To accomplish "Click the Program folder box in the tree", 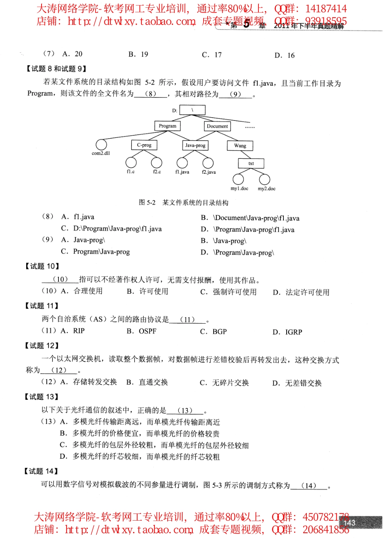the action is [x=167, y=126].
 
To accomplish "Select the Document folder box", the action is [x=217, y=126].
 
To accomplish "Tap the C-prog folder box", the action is [x=144, y=145].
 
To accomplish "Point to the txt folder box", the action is [x=251, y=164].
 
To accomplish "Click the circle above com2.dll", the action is [x=101, y=145].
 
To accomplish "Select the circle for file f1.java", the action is [x=182, y=163].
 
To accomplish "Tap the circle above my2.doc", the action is [x=264, y=179].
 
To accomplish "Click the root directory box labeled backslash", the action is [x=192, y=110].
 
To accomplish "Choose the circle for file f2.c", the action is [x=156, y=162].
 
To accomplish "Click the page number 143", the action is [x=349, y=523].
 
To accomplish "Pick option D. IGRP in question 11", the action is [x=287, y=332].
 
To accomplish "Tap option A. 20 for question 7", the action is [x=73, y=54].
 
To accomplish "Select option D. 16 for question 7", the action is [x=285, y=56].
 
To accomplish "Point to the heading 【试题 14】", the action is [x=41, y=471].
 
